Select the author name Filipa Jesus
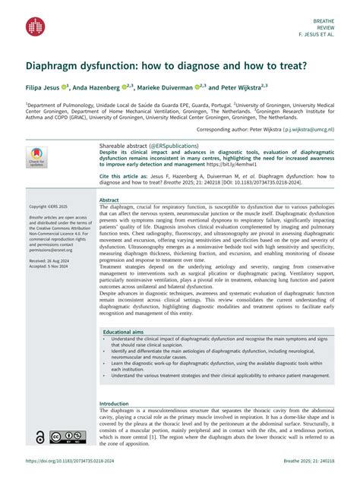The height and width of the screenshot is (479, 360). (46, 88)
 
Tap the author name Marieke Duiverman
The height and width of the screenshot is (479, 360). (163, 88)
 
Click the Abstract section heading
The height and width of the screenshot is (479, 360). (109, 200)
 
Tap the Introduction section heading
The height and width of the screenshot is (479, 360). (115, 404)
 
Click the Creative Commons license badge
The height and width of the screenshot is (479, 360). (67, 436)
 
